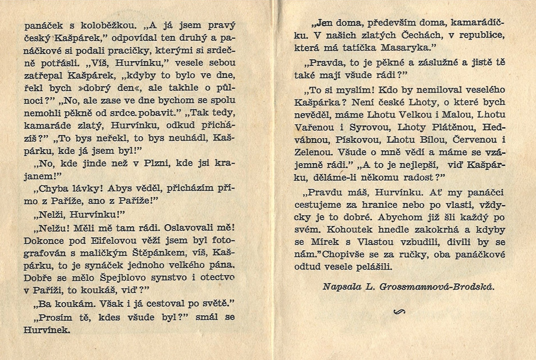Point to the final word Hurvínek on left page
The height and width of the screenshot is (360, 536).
point(47,330)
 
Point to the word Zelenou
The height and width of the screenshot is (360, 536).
point(314,152)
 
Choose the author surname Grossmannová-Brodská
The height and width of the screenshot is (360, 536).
point(436,287)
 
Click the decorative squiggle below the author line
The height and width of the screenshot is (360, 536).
point(399,312)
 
